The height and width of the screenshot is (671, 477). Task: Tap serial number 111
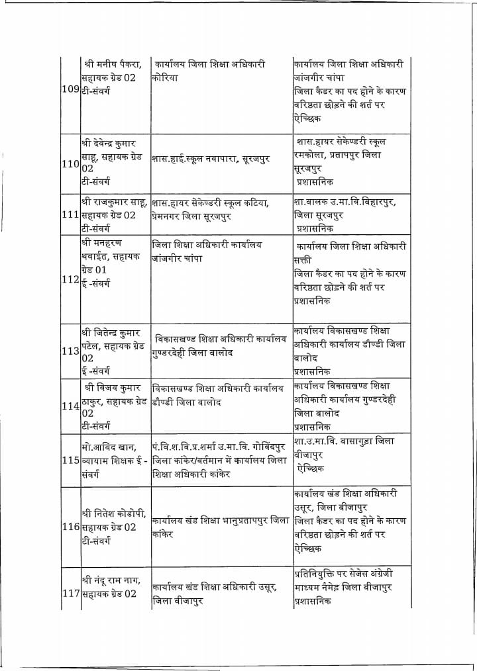70,215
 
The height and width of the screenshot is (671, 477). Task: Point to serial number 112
70,279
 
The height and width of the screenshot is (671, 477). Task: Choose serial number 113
70,351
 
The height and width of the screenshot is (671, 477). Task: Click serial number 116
70,527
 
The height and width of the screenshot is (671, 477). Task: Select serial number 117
70,593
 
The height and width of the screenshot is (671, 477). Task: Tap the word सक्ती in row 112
301,260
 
